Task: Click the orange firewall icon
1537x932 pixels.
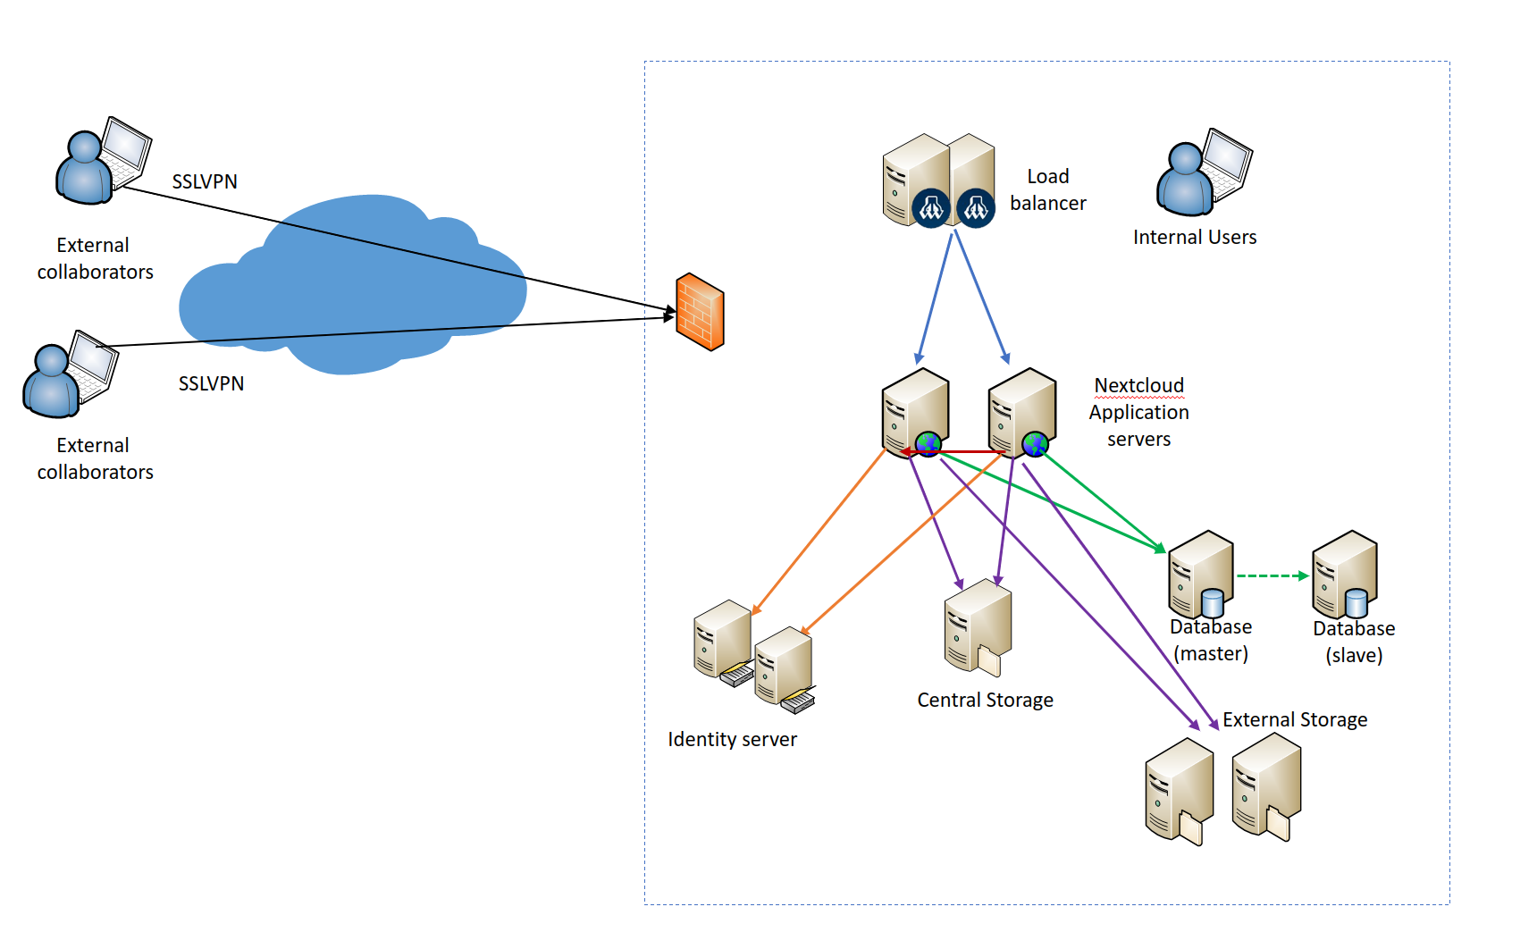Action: [700, 312]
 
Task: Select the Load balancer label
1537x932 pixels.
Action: [1047, 189]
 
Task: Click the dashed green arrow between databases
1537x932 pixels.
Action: [1272, 576]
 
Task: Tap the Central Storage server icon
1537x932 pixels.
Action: [978, 626]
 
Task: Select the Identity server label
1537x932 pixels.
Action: [732, 739]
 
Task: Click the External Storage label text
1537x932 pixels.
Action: [1294, 719]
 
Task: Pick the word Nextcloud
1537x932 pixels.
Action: [1138, 385]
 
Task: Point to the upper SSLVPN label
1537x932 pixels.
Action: [205, 181]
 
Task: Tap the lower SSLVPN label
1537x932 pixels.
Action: [211, 383]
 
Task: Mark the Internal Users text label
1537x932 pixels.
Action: [1194, 237]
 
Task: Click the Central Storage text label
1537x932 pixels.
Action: [985, 700]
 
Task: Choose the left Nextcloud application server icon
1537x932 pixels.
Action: [914, 412]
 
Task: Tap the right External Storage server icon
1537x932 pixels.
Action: [1265, 787]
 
